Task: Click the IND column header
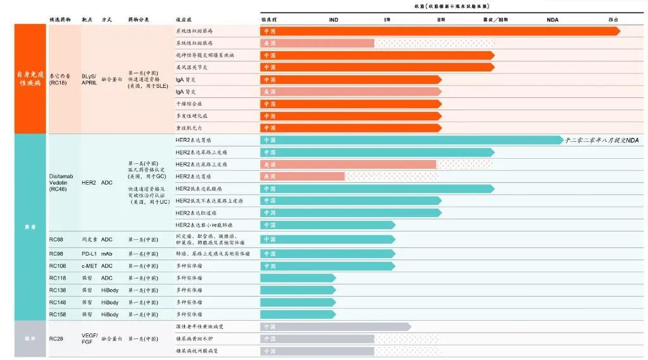(x=333, y=20)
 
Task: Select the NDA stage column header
(x=552, y=20)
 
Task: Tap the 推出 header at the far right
(x=613, y=20)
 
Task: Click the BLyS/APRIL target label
(x=89, y=79)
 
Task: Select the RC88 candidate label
(x=56, y=239)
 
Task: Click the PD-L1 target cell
(x=89, y=254)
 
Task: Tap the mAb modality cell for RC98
(x=106, y=254)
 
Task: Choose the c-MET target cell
(x=89, y=266)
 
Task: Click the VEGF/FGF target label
(x=90, y=338)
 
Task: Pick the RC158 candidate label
(x=58, y=314)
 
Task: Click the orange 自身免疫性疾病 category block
(x=31, y=78)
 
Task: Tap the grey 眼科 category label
(x=30, y=338)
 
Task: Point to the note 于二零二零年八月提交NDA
(x=602, y=140)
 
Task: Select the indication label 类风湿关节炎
(x=191, y=67)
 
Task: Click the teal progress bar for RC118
(x=297, y=278)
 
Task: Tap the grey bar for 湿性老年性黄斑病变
(x=335, y=326)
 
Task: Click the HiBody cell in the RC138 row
(x=109, y=290)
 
